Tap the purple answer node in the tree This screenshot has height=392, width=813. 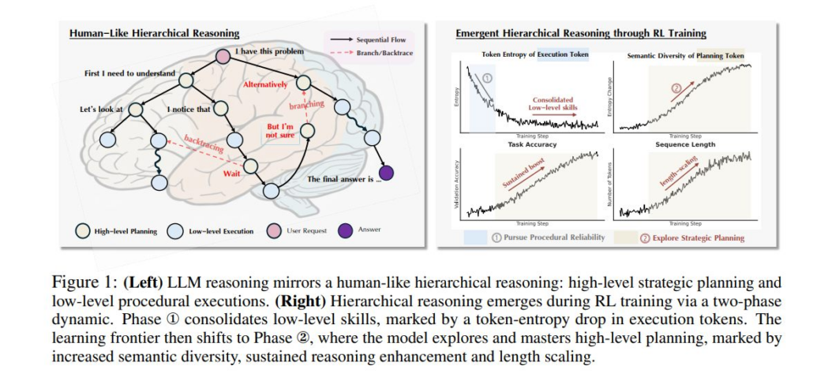pyautogui.click(x=386, y=173)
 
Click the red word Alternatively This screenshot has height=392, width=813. pyautogui.click(x=264, y=84)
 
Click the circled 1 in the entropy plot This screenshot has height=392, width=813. pyautogui.click(x=487, y=78)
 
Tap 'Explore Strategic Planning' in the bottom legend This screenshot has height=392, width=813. pyautogui.click(x=693, y=237)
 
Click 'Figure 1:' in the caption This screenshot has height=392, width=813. pyautogui.click(x=77, y=282)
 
